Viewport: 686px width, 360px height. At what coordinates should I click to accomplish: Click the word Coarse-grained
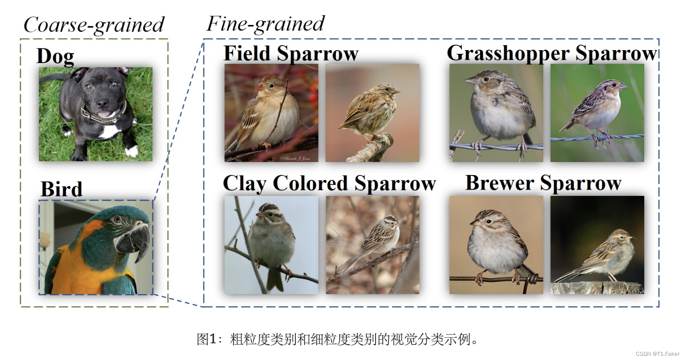94,25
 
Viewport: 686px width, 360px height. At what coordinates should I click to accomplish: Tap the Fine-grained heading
265,24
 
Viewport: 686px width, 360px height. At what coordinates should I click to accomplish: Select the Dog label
55,56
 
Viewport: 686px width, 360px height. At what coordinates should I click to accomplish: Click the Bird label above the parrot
61,189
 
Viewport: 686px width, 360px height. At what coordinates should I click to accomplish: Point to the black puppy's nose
102,103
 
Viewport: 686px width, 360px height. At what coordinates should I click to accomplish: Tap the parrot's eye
118,220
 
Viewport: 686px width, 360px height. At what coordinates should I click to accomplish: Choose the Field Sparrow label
291,53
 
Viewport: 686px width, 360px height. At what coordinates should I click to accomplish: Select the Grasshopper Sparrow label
552,53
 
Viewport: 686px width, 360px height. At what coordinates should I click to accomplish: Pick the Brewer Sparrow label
543,183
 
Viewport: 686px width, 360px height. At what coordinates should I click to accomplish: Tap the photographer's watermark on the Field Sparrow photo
295,158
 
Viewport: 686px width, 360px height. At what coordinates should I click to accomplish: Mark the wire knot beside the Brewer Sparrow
531,279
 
